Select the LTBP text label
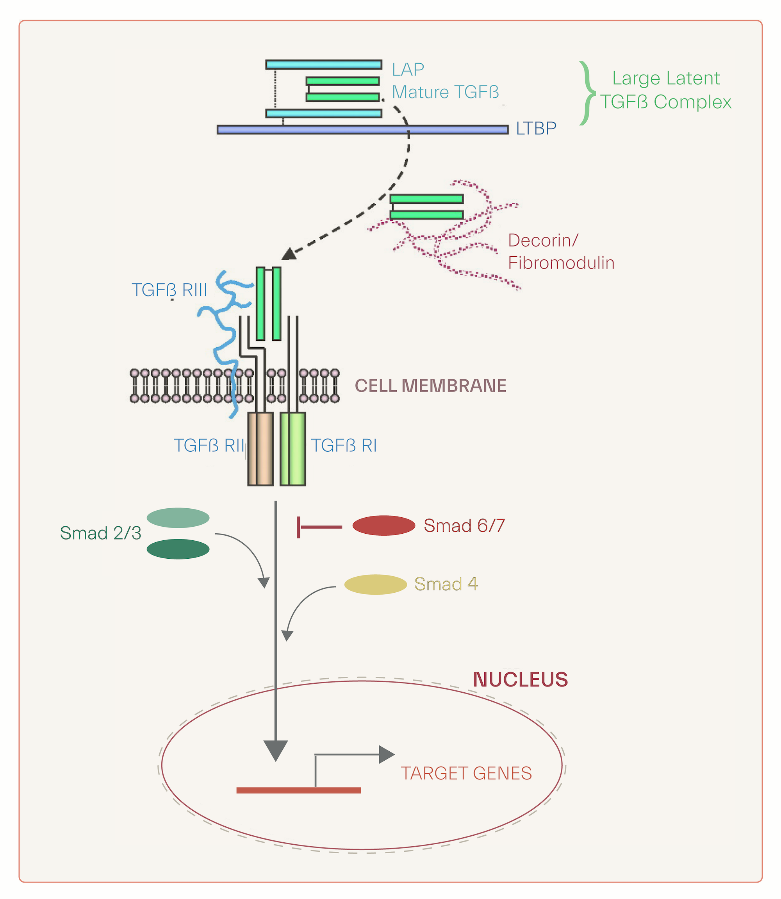(536, 129)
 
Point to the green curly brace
(587, 93)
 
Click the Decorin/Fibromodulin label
(560, 252)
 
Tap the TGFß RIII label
(169, 290)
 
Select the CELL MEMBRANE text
(430, 386)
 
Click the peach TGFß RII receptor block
(260, 449)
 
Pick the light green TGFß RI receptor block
(293, 449)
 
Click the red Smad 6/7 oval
(383, 525)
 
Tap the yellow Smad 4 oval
(375, 584)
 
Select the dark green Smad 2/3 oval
(178, 549)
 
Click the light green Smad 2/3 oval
(178, 518)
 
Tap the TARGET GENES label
(466, 773)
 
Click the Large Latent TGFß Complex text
(665, 90)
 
